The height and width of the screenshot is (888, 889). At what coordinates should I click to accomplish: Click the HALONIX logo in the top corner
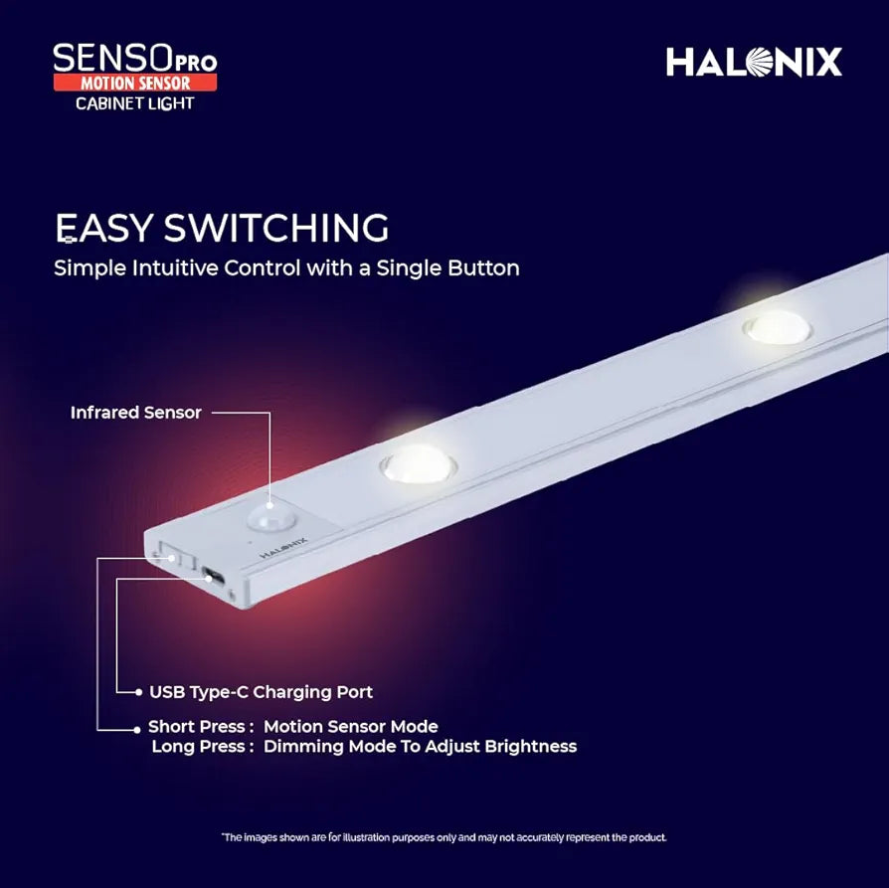[754, 62]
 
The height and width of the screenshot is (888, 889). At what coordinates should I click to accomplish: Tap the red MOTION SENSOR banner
[135, 83]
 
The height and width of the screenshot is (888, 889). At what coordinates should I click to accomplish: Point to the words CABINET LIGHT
[135, 103]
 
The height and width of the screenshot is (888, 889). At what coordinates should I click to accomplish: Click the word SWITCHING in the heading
[276, 228]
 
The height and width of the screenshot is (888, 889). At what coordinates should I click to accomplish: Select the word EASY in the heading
[103, 228]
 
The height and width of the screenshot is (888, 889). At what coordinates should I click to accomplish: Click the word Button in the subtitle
[483, 267]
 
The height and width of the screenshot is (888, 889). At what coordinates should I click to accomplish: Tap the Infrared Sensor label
[135, 412]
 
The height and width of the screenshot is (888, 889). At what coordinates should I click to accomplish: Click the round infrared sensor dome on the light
[265, 514]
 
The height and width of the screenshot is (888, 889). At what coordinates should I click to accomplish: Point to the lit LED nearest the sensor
[418, 461]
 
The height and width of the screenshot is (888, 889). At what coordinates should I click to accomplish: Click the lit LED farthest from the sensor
[778, 326]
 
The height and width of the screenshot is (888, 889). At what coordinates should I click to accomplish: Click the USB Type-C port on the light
[213, 574]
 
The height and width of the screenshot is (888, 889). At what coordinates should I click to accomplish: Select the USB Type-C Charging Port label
[261, 691]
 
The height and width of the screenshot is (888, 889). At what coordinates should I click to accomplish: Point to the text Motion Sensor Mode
[350, 727]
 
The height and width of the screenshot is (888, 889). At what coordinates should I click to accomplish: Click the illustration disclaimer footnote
[444, 837]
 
